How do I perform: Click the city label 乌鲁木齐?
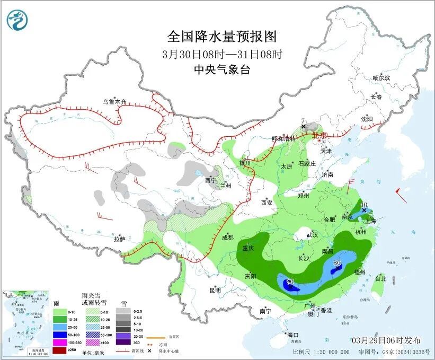pyautogui.click(x=115, y=102)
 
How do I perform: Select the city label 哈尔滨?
pyautogui.click(x=380, y=78)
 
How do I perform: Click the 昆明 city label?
pyautogui.click(x=215, y=290)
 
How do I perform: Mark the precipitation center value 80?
pyautogui.click(x=337, y=262)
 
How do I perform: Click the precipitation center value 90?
pyautogui.click(x=290, y=282)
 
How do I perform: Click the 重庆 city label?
pyautogui.click(x=248, y=248)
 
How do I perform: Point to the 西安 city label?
pyautogui.click(x=266, y=203)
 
